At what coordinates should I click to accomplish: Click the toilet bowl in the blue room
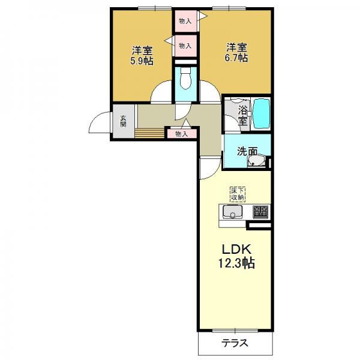(186, 79)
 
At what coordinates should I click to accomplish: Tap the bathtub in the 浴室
(261, 113)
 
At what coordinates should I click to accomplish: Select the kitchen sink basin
(232, 211)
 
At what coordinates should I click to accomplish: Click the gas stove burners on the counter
(260, 212)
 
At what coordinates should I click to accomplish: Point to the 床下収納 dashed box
(238, 194)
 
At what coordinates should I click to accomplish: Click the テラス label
(235, 343)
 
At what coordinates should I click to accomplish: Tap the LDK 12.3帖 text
(236, 256)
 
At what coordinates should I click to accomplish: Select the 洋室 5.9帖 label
(142, 55)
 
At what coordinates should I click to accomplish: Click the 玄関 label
(123, 121)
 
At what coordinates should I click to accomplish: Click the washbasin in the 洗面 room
(256, 160)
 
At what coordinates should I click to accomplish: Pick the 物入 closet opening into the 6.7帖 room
(185, 22)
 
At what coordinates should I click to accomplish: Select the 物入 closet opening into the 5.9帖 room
(185, 46)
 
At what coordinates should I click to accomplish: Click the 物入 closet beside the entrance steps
(182, 134)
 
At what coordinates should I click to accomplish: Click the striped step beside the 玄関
(149, 133)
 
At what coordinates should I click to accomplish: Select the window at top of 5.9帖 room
(155, 8)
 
